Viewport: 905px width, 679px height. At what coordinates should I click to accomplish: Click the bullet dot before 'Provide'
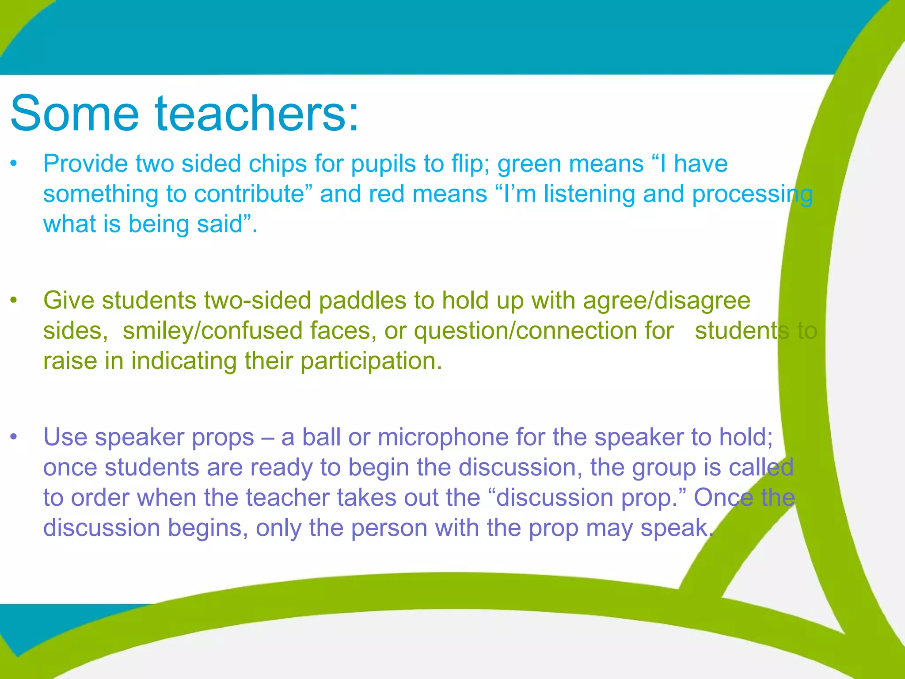[14, 163]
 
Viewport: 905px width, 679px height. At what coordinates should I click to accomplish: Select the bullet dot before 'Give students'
[14, 300]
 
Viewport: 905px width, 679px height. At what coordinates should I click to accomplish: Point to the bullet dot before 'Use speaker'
[14, 437]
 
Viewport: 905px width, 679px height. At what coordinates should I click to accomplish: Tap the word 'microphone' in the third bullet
[443, 437]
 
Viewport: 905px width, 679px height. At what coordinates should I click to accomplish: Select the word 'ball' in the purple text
[321, 437]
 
